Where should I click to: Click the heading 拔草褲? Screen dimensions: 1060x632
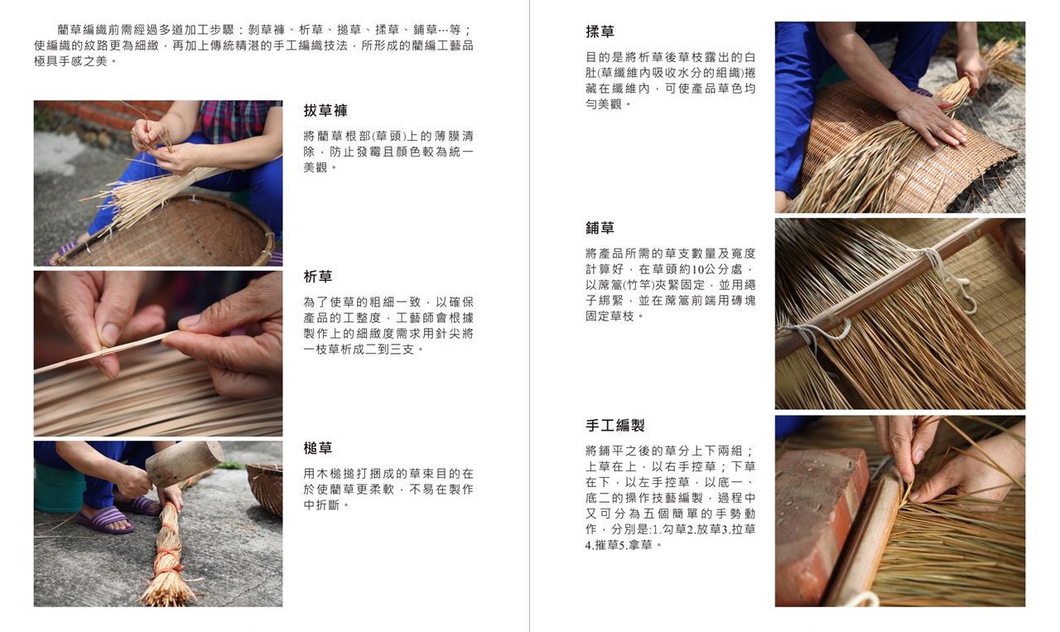(325, 111)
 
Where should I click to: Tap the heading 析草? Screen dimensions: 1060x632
(317, 277)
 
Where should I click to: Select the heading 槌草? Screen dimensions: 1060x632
(317, 448)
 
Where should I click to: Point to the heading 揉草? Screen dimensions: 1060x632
(600, 31)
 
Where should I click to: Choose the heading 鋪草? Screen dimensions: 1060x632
(600, 228)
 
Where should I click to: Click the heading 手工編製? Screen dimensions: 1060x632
(614, 425)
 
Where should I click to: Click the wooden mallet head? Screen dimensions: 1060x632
(185, 464)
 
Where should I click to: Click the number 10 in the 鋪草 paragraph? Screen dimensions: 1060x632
(697, 269)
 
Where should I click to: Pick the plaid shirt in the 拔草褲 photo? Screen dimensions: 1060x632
(237, 121)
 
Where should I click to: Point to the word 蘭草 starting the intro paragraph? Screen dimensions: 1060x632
(70, 30)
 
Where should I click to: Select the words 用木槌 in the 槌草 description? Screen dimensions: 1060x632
(322, 474)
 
